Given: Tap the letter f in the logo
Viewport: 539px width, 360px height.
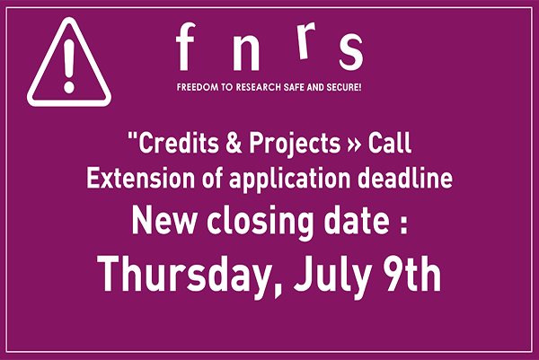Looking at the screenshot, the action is pyautogui.click(x=185, y=47).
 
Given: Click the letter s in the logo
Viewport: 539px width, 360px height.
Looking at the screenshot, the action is pyautogui.click(x=351, y=52).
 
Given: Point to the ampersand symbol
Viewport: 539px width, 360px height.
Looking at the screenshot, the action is pyautogui.click(x=234, y=143).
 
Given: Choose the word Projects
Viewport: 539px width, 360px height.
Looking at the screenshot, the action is pyautogui.click(x=295, y=145).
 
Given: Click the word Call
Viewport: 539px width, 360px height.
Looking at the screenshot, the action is pyautogui.click(x=390, y=143).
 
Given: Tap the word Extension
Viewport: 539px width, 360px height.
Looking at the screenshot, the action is pyautogui.click(x=141, y=178).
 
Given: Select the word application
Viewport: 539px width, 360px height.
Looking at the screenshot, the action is pyautogui.click(x=290, y=180).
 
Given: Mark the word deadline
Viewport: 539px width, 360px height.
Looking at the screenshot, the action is pyautogui.click(x=405, y=178).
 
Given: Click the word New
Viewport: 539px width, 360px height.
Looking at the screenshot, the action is pyautogui.click(x=164, y=221).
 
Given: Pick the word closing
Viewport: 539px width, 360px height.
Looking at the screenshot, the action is pyautogui.click(x=260, y=223).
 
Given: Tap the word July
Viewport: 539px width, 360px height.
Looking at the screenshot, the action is pyautogui.click(x=332, y=277).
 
